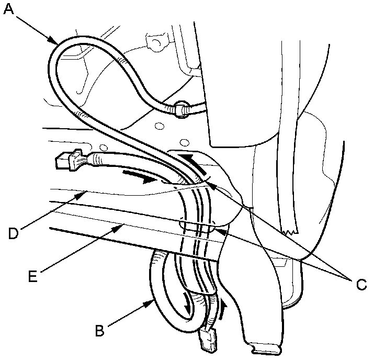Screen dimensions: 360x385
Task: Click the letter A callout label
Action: (x=8, y=9)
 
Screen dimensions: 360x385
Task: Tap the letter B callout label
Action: (x=99, y=330)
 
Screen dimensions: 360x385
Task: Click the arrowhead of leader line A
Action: (x=55, y=41)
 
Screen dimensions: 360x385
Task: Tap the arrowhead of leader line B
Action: (x=152, y=302)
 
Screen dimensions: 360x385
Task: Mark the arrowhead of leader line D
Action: (x=84, y=193)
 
